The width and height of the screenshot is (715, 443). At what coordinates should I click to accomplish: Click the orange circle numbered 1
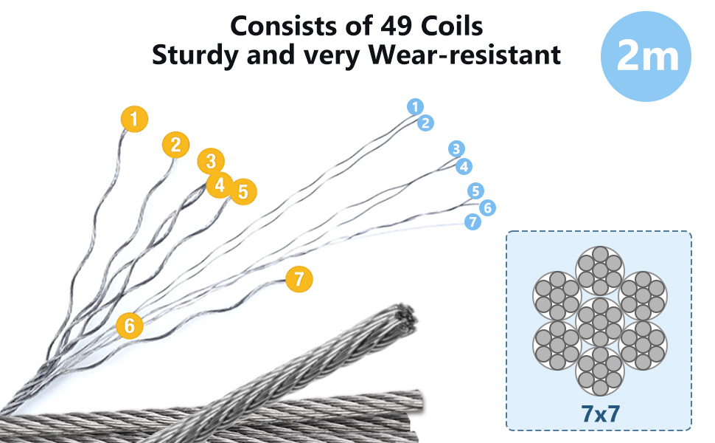click(x=135, y=118)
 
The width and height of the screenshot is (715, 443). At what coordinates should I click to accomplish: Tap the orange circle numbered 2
click(x=175, y=145)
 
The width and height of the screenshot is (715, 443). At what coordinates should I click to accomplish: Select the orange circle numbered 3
click(x=211, y=161)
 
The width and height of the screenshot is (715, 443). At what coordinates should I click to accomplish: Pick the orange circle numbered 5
click(x=243, y=191)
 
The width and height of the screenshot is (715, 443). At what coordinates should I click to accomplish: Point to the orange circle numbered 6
click(x=130, y=325)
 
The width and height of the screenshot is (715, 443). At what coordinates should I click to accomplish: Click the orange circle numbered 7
click(x=299, y=279)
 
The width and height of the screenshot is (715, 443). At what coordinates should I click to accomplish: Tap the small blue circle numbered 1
click(x=416, y=106)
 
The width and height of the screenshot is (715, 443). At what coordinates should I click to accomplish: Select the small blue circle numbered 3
click(x=456, y=149)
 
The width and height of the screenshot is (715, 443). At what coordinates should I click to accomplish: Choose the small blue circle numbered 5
click(x=475, y=191)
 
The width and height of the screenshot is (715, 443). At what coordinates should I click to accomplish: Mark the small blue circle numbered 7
click(x=472, y=221)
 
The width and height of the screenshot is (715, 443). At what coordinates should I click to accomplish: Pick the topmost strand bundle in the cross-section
click(x=599, y=268)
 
